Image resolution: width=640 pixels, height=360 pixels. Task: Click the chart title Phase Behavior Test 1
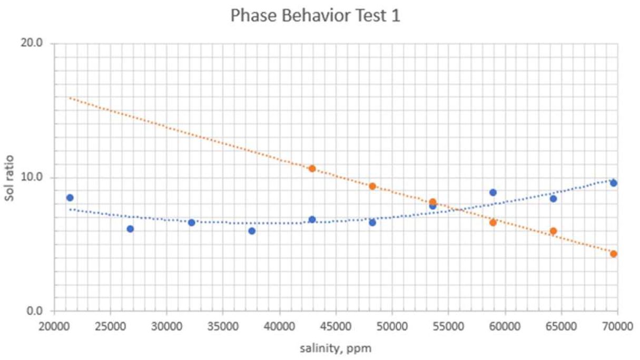[x=316, y=16]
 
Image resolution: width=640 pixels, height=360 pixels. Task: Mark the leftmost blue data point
[x=70, y=198]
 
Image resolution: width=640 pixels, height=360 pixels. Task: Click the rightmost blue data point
[x=614, y=183]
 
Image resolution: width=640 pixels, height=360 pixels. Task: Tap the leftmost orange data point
[x=312, y=169]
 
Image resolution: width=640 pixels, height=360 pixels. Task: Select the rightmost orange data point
[x=614, y=254]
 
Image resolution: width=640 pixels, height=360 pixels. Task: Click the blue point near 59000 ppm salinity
[x=493, y=192]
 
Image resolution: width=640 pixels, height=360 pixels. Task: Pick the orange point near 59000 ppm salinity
[x=493, y=222]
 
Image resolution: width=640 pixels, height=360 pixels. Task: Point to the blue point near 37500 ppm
[x=252, y=231]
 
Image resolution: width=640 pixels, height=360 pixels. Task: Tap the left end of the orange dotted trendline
[x=70, y=98]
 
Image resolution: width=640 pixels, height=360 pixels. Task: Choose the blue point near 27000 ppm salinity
[x=130, y=229]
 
